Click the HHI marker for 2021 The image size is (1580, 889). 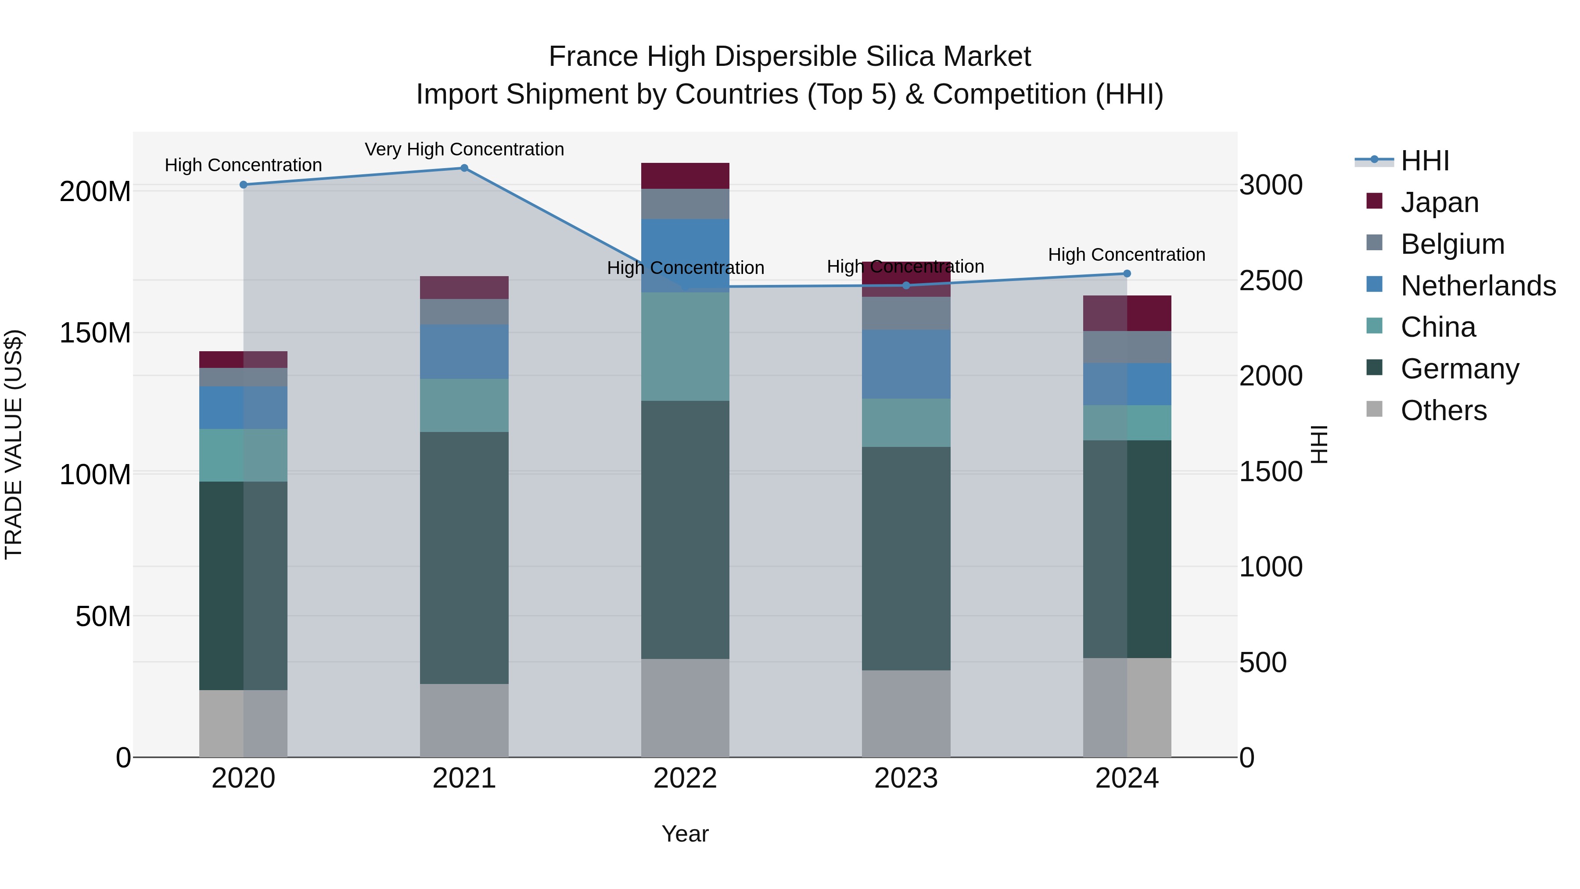[x=464, y=168]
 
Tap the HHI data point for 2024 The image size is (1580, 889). [x=1127, y=274]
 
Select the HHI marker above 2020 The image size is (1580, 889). [x=244, y=185]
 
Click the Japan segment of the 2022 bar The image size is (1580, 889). [x=685, y=176]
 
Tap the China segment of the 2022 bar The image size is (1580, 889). [x=685, y=347]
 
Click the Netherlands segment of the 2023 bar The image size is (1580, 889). [x=906, y=364]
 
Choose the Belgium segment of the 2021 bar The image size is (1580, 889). [x=464, y=312]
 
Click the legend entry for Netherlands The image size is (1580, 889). [x=1478, y=286]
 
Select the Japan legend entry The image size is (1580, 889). [x=1440, y=202]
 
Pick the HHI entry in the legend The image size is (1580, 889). [x=1425, y=161]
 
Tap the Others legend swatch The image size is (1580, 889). [x=1375, y=409]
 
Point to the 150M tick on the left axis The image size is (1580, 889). [x=95, y=333]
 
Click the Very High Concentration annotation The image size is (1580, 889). [x=464, y=149]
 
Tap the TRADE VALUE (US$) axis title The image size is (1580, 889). [x=14, y=445]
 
